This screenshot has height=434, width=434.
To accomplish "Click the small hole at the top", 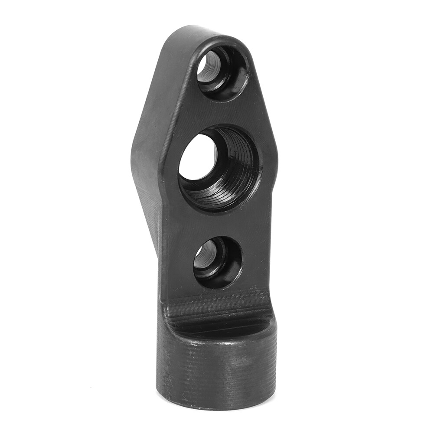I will (x=222, y=72).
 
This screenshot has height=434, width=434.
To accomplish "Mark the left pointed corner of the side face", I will (x=133, y=147).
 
